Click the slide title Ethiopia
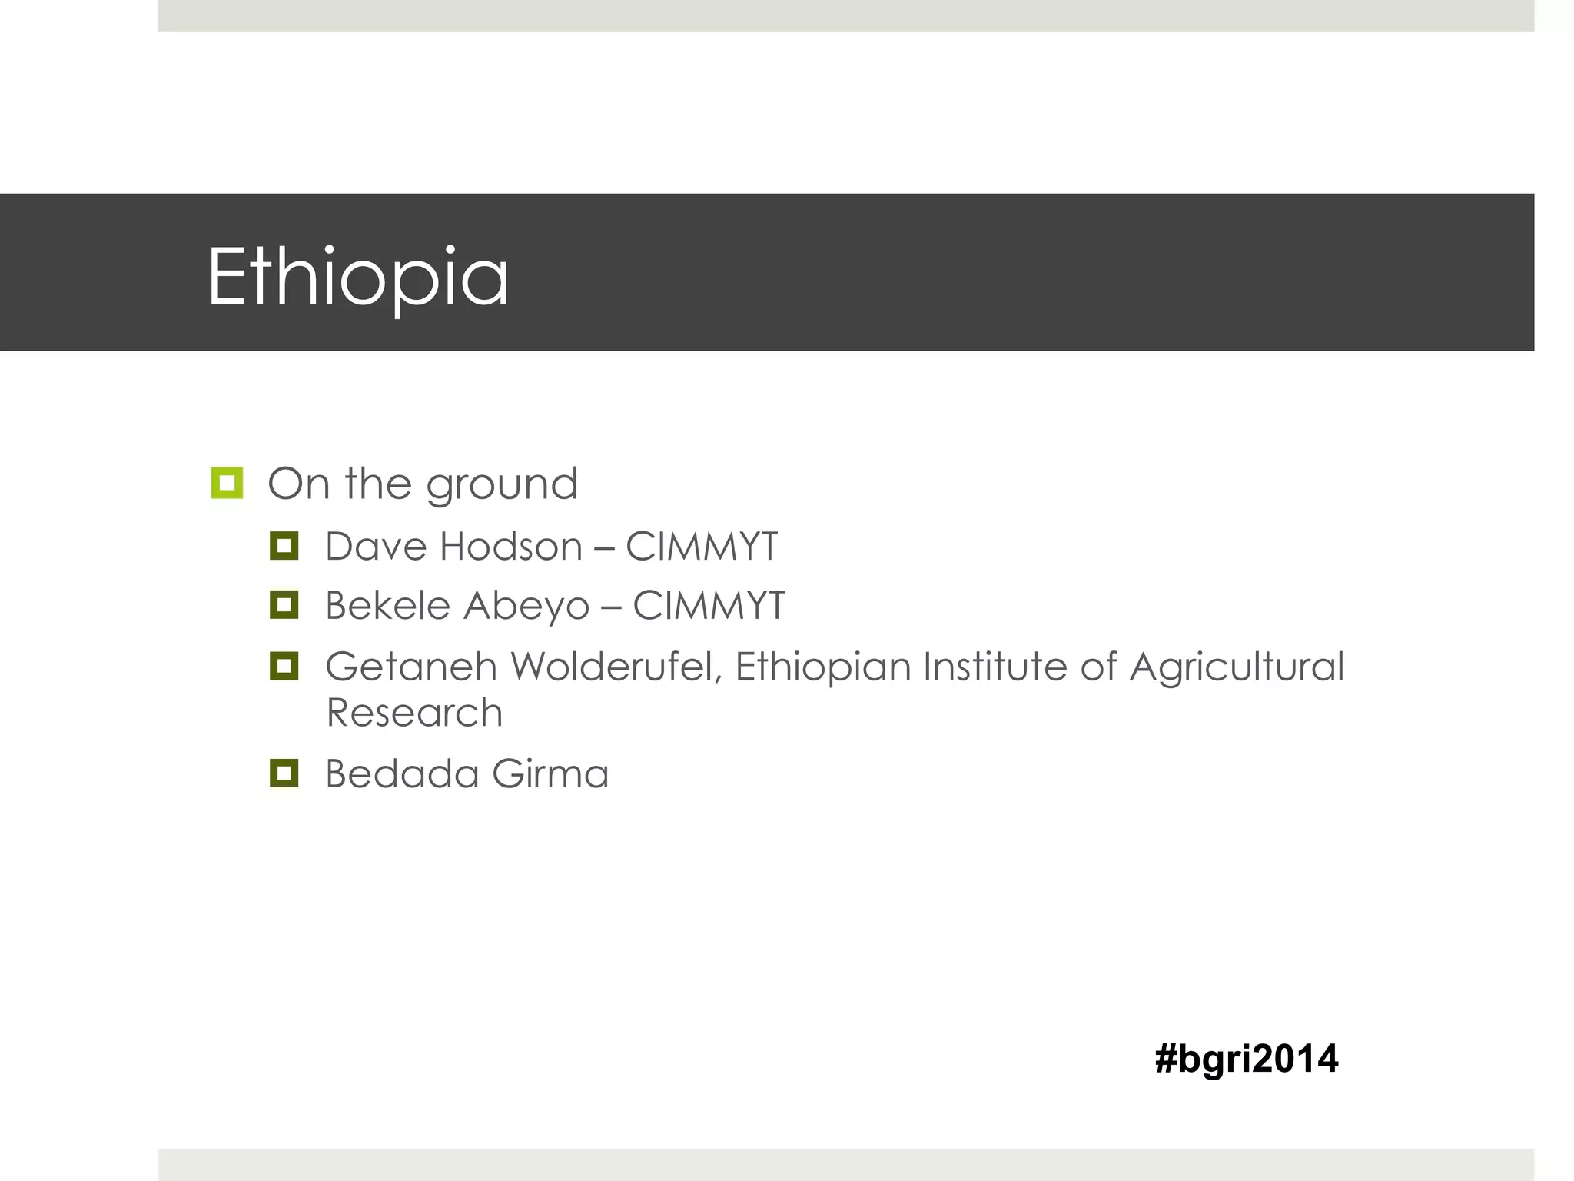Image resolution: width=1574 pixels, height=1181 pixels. coord(357,277)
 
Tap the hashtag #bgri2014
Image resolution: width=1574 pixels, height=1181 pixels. coord(1246,1059)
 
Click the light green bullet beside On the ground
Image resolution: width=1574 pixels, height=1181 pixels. coord(227,483)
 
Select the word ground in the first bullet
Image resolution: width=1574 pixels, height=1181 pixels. coord(501,485)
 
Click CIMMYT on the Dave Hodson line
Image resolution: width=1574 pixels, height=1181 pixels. coord(701,547)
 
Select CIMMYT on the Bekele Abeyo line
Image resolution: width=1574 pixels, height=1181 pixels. coord(708,605)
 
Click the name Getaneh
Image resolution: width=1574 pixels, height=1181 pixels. coord(411,666)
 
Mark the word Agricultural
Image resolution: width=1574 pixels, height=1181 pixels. coord(1237,667)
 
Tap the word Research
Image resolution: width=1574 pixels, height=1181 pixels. coord(414,713)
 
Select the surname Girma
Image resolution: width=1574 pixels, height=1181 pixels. coord(550,773)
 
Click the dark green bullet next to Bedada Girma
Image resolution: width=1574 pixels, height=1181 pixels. coord(284,773)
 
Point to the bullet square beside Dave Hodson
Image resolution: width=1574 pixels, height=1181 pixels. coord(284,546)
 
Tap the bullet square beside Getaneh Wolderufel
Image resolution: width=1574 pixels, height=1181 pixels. coord(284,665)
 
